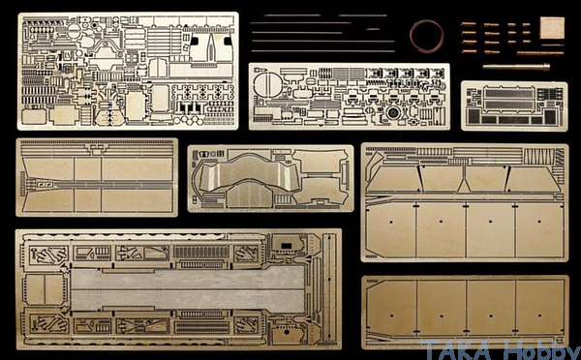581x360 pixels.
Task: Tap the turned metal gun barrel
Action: point(516,67)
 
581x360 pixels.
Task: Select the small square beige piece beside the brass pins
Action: point(552,27)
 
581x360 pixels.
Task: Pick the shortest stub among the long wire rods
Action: point(373,29)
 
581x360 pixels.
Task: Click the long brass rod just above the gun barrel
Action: point(540,53)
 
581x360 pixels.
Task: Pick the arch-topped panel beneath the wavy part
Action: point(249,195)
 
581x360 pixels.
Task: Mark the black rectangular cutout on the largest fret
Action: point(286,246)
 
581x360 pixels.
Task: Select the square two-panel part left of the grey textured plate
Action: point(46,290)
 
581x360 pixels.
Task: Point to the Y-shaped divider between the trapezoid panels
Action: point(464,180)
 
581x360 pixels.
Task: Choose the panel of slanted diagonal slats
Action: point(539,157)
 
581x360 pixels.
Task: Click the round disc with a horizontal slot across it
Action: point(74,31)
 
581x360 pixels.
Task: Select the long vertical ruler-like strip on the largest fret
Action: point(328,288)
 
